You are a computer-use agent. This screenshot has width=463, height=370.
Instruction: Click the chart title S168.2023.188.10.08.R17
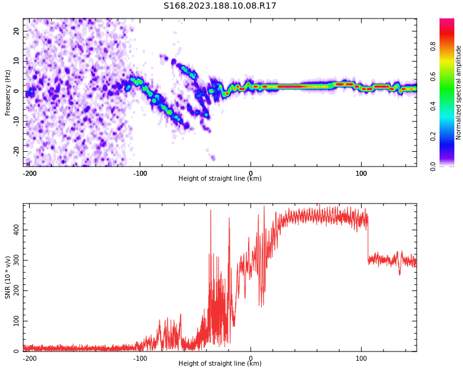point(220,6)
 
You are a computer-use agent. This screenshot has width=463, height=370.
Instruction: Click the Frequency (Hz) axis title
point(8,92)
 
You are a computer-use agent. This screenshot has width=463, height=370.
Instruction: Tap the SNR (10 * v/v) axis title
point(8,277)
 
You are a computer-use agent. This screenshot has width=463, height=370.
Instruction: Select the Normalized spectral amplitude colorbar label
point(459,92)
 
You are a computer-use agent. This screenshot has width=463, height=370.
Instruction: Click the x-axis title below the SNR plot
point(220,364)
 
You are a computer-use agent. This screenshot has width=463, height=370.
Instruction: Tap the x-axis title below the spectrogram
point(220,179)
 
